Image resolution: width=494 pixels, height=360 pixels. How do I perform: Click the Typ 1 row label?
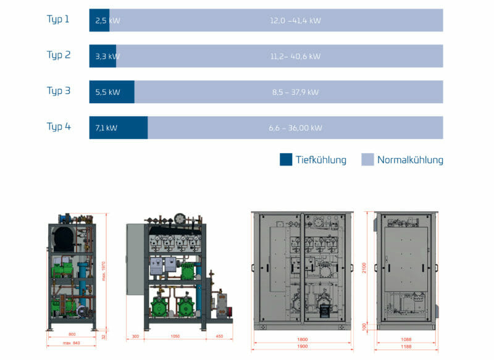pyautogui.click(x=58, y=19)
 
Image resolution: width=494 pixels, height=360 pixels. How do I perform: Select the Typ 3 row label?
pyautogui.click(x=59, y=91)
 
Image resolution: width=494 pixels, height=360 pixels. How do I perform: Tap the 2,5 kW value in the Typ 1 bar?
pyautogui.click(x=107, y=20)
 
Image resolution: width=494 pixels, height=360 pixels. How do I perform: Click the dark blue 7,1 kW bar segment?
pyautogui.click(x=118, y=128)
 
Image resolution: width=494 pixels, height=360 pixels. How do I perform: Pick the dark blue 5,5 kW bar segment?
pyautogui.click(x=112, y=92)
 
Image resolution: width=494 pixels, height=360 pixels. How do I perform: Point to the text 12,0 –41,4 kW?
pyautogui.click(x=295, y=20)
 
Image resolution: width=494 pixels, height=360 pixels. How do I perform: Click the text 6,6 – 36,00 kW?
pyautogui.click(x=295, y=128)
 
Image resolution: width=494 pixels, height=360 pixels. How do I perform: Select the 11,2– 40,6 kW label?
pyautogui.click(x=295, y=56)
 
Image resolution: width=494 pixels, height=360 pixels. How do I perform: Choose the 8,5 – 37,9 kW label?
pyautogui.click(x=295, y=92)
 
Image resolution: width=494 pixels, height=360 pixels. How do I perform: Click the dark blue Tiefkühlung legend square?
pyautogui.click(x=286, y=159)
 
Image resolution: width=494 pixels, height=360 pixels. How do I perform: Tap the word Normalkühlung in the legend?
pyautogui.click(x=410, y=159)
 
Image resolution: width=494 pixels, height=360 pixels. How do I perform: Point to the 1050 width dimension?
pyautogui.click(x=175, y=337)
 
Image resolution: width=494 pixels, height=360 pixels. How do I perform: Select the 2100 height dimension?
pyautogui.click(x=364, y=267)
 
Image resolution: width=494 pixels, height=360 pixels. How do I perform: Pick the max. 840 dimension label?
pyautogui.click(x=72, y=342)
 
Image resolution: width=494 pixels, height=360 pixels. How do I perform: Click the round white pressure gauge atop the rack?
pyautogui.click(x=180, y=218)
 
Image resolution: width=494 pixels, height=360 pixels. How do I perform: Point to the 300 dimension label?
pyautogui.click(x=135, y=337)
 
